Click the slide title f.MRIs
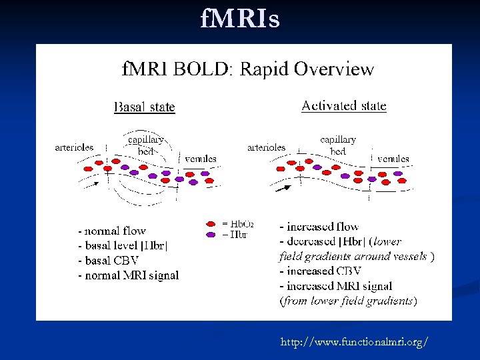click(240, 19)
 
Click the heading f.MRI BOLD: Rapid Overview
click(247, 69)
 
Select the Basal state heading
click(145, 107)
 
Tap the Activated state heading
click(343, 105)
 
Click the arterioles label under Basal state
click(74, 147)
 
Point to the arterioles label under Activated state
click(266, 147)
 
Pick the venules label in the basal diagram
click(200, 159)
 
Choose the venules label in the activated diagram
click(393, 159)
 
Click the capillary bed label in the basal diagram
click(145, 145)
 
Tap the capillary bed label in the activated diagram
click(338, 145)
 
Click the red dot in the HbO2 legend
click(211, 224)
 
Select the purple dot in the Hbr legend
click(211, 234)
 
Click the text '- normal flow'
click(111, 231)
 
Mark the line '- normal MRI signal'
click(128, 275)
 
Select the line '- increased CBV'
click(320, 271)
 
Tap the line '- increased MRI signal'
click(335, 285)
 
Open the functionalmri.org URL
click(354, 342)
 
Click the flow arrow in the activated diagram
click(283, 187)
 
